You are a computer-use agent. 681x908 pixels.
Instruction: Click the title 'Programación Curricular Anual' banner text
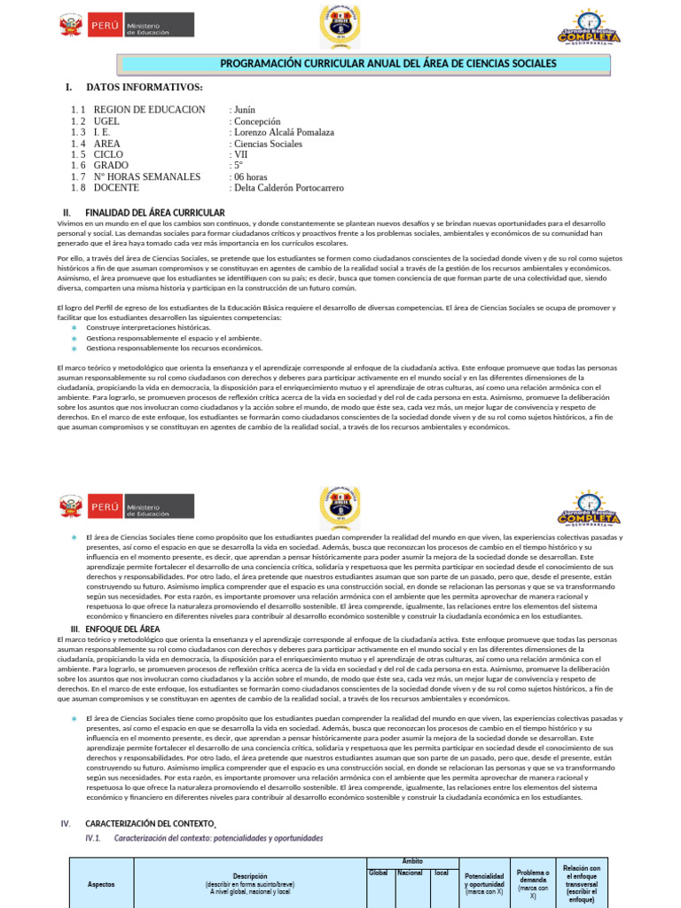[x=388, y=64]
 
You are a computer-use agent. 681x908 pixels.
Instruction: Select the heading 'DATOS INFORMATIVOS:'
[x=144, y=88]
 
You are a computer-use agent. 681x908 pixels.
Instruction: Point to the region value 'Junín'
[x=243, y=110]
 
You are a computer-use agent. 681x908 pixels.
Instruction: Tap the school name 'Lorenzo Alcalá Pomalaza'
[x=282, y=132]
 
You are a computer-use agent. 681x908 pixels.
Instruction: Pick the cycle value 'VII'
[x=240, y=154]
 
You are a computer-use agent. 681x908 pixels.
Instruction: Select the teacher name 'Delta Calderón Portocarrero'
[x=287, y=188]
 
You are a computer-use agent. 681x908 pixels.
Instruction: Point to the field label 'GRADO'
[x=111, y=166]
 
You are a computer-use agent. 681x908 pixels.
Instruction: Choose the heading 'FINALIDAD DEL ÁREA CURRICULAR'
[x=154, y=213]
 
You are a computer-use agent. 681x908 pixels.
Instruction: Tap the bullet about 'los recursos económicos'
[x=174, y=348]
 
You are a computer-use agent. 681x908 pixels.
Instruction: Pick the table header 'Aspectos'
[x=101, y=884]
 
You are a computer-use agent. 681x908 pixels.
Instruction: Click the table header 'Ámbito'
[x=412, y=861]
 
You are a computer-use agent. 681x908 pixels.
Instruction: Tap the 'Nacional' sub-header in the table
[x=410, y=873]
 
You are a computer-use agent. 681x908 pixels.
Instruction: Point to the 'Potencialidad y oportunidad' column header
[x=485, y=883]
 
